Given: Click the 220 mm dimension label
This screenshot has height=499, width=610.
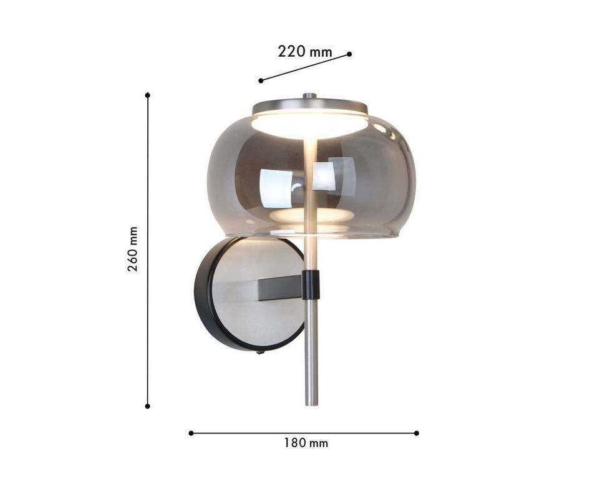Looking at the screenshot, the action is [x=305, y=51].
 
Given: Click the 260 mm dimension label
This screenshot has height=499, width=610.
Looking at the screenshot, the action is [x=133, y=249].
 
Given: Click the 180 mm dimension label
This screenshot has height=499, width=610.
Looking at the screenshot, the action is [x=306, y=443].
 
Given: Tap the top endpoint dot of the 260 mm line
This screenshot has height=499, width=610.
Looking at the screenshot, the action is [x=147, y=95].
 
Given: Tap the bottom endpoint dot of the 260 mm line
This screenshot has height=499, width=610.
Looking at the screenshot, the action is [x=147, y=406].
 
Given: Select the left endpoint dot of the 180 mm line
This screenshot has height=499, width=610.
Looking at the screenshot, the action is [x=191, y=433].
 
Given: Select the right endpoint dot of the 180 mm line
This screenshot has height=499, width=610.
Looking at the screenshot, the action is [x=417, y=433].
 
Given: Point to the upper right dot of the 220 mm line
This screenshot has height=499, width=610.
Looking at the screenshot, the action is [x=349, y=54].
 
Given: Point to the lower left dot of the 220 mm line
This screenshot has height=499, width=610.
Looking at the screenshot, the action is [x=261, y=80].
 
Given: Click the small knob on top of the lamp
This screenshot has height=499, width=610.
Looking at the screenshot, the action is [x=309, y=95].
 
